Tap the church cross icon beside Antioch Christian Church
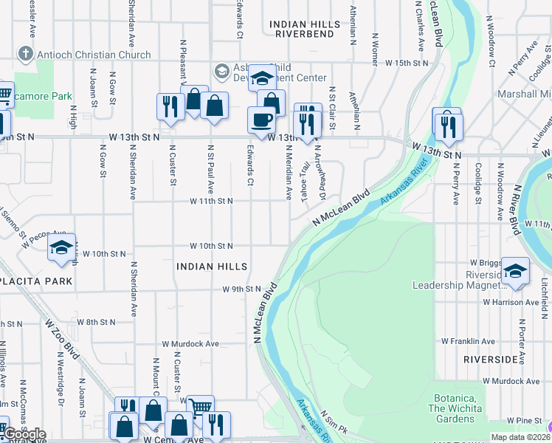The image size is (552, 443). [x=26, y=54]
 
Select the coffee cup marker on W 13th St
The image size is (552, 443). [x=261, y=120]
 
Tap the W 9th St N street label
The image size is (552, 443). [x=242, y=289]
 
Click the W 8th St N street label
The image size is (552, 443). [x=97, y=322]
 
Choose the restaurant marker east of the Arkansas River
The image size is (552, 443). [x=447, y=127]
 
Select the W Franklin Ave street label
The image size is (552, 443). [x=468, y=341]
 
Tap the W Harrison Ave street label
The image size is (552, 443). [x=511, y=302]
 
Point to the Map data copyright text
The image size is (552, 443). [x=520, y=437]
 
